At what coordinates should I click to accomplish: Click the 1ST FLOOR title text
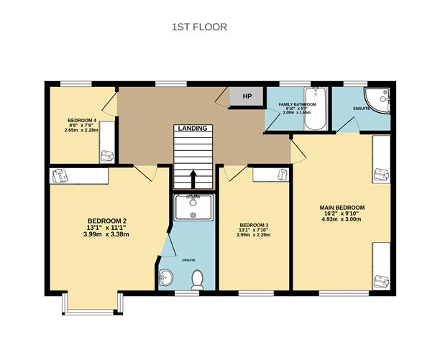click(x=199, y=27)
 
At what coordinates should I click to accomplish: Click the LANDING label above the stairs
click(x=193, y=128)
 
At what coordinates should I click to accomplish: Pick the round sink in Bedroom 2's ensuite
click(x=166, y=278)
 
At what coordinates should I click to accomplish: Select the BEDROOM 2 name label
click(x=107, y=221)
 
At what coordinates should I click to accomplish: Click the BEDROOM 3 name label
click(x=254, y=225)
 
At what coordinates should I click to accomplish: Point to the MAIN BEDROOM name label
click(x=342, y=208)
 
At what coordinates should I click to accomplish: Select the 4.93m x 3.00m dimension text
click(x=342, y=222)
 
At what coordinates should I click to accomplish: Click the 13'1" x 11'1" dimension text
click(x=107, y=228)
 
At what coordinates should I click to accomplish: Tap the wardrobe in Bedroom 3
click(x=271, y=175)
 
